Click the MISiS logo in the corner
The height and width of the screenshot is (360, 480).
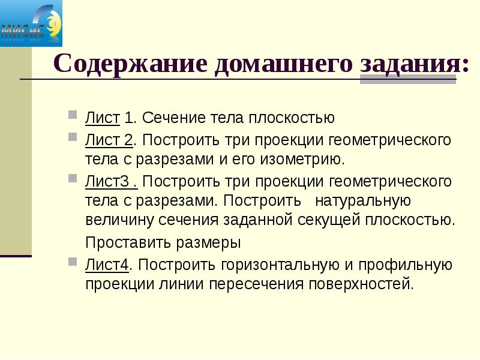[x=31, y=24]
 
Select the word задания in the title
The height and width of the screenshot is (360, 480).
[x=410, y=64]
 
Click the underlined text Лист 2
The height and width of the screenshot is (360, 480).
[x=109, y=140]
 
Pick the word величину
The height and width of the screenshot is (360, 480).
[x=120, y=220]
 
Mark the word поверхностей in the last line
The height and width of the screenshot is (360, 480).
[x=360, y=283]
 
